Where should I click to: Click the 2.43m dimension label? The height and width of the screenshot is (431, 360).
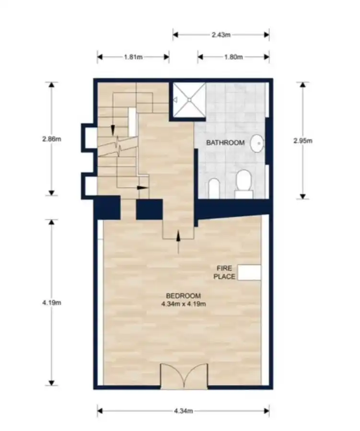(221, 35)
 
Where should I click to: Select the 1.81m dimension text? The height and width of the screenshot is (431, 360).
(133, 57)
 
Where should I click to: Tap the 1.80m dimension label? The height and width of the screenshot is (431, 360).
(233, 57)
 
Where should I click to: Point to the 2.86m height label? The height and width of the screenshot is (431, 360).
(52, 139)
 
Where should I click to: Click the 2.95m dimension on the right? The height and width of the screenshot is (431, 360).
(303, 141)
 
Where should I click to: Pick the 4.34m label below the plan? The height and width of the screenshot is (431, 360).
(183, 411)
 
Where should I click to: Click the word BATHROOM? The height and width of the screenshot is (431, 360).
(225, 143)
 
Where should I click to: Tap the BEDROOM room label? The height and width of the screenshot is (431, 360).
(183, 296)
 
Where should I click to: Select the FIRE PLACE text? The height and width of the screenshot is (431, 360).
(224, 272)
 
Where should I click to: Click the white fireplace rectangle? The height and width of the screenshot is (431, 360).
(249, 273)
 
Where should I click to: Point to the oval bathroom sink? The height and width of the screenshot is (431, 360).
(257, 143)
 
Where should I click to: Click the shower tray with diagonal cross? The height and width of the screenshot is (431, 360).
(189, 100)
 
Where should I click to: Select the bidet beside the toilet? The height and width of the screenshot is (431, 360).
(214, 188)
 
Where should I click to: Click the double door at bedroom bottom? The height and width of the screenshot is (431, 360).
(184, 376)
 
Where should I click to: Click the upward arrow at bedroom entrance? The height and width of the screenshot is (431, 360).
(178, 242)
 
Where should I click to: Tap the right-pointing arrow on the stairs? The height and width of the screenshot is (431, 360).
(142, 188)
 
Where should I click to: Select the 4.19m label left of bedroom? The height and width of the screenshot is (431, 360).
(52, 303)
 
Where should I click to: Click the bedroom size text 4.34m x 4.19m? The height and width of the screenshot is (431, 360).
(184, 304)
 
